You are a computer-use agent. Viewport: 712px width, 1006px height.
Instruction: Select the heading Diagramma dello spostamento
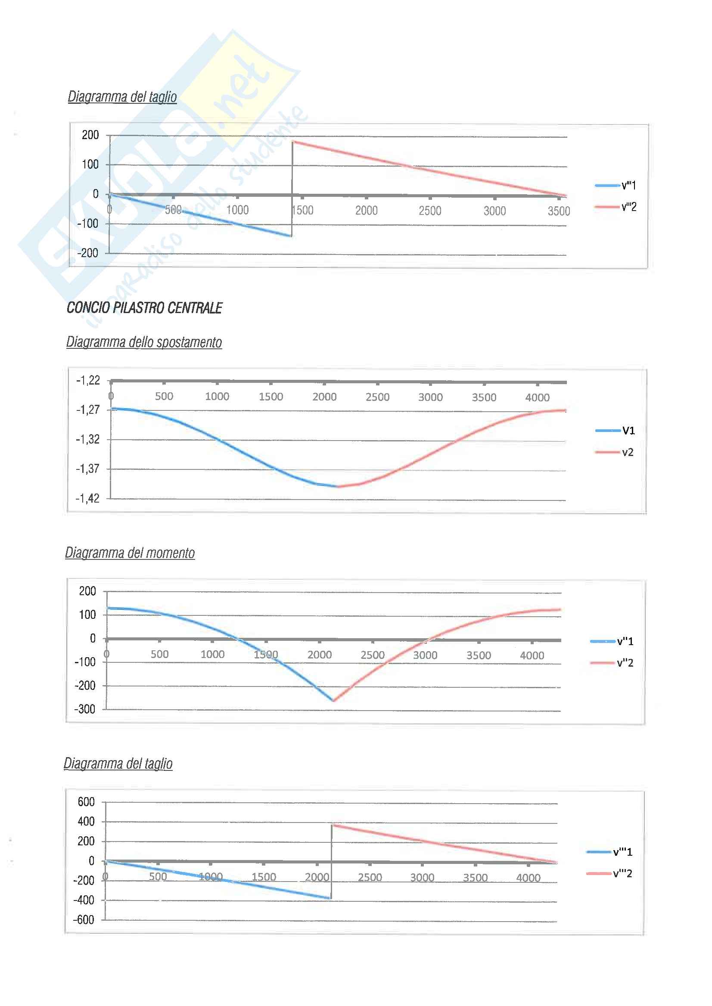[144, 342]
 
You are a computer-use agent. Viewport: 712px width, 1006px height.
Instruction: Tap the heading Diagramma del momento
[130, 553]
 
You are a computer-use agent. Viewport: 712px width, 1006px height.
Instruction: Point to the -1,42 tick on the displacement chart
[88, 498]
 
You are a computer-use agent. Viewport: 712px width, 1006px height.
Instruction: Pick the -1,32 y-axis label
[88, 439]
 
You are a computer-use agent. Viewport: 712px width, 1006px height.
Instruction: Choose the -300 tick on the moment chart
[84, 709]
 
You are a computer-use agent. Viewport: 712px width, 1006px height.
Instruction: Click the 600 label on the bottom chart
[86, 802]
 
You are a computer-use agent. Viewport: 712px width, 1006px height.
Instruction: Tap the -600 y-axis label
[84, 920]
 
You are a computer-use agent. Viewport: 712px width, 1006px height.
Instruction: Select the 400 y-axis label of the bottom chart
[86, 821]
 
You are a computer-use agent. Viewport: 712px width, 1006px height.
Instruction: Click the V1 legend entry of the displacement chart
[628, 431]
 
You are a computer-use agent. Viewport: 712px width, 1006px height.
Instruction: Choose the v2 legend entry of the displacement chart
[628, 452]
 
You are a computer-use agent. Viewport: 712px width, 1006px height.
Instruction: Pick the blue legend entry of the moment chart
[625, 642]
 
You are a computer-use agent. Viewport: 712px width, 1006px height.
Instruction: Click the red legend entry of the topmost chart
[628, 207]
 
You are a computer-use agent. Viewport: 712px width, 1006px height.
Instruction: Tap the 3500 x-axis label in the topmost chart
[559, 211]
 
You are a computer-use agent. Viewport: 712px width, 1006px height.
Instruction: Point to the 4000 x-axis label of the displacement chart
[537, 397]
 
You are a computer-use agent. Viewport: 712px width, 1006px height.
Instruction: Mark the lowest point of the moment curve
[333, 701]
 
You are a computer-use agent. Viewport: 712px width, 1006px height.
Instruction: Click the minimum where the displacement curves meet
[337, 486]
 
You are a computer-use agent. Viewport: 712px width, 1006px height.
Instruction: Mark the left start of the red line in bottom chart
[332, 825]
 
